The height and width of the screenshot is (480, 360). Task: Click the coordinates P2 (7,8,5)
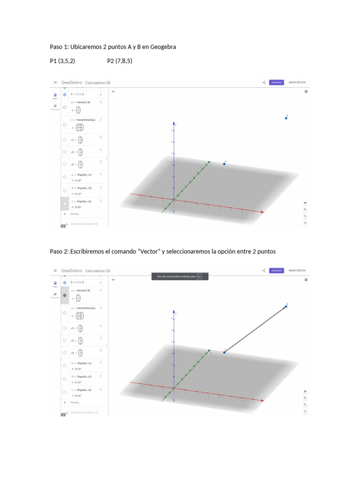click(120, 60)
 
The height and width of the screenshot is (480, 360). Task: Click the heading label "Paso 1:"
click(60, 47)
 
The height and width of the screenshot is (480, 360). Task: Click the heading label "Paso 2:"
click(60, 252)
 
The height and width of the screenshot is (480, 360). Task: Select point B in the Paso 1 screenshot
click(286, 118)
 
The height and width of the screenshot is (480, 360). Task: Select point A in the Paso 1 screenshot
click(225, 164)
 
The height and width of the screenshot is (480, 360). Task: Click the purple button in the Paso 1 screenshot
click(276, 82)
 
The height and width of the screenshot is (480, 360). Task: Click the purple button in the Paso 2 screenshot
click(276, 270)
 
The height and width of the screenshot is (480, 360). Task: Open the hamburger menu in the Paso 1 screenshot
click(55, 82)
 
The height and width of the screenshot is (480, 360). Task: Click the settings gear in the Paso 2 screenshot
click(306, 280)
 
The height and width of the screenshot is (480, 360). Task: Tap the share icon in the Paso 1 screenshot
click(264, 82)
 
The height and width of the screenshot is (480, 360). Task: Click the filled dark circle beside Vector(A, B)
click(65, 295)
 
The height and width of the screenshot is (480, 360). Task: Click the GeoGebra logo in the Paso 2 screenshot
click(72, 270)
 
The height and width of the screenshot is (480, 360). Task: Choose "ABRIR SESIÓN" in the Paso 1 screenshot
click(297, 82)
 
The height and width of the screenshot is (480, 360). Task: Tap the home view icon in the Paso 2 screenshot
click(305, 391)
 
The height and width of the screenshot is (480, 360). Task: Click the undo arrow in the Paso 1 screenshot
click(113, 91)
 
